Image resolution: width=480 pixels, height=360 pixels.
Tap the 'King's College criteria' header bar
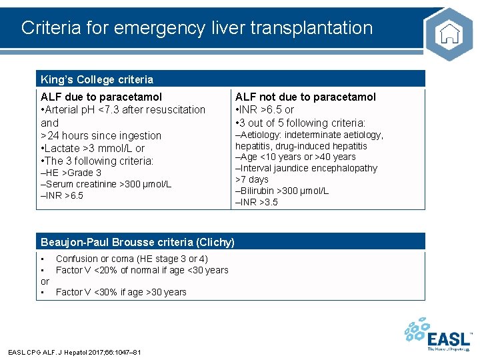pyautogui.click(x=97, y=79)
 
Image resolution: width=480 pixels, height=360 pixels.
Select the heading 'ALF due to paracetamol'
pyautogui.click(x=101, y=97)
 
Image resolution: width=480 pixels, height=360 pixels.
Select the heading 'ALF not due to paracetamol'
pyautogui.click(x=305, y=97)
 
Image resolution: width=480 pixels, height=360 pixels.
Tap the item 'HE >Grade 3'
pyautogui.click(x=73, y=173)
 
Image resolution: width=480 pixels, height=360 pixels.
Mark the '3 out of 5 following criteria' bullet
pyautogui.click(x=302, y=123)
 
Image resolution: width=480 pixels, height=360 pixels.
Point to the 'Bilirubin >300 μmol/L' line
pyautogui.click(x=283, y=191)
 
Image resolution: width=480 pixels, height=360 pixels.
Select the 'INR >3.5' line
pyautogui.click(x=258, y=202)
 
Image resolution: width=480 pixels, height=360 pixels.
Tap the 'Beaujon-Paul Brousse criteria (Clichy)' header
pyautogui.click(x=137, y=242)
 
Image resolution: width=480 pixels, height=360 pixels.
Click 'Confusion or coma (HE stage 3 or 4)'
pyautogui.click(x=131, y=259)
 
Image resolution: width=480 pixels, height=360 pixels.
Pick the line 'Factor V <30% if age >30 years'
pyautogui.click(x=121, y=292)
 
